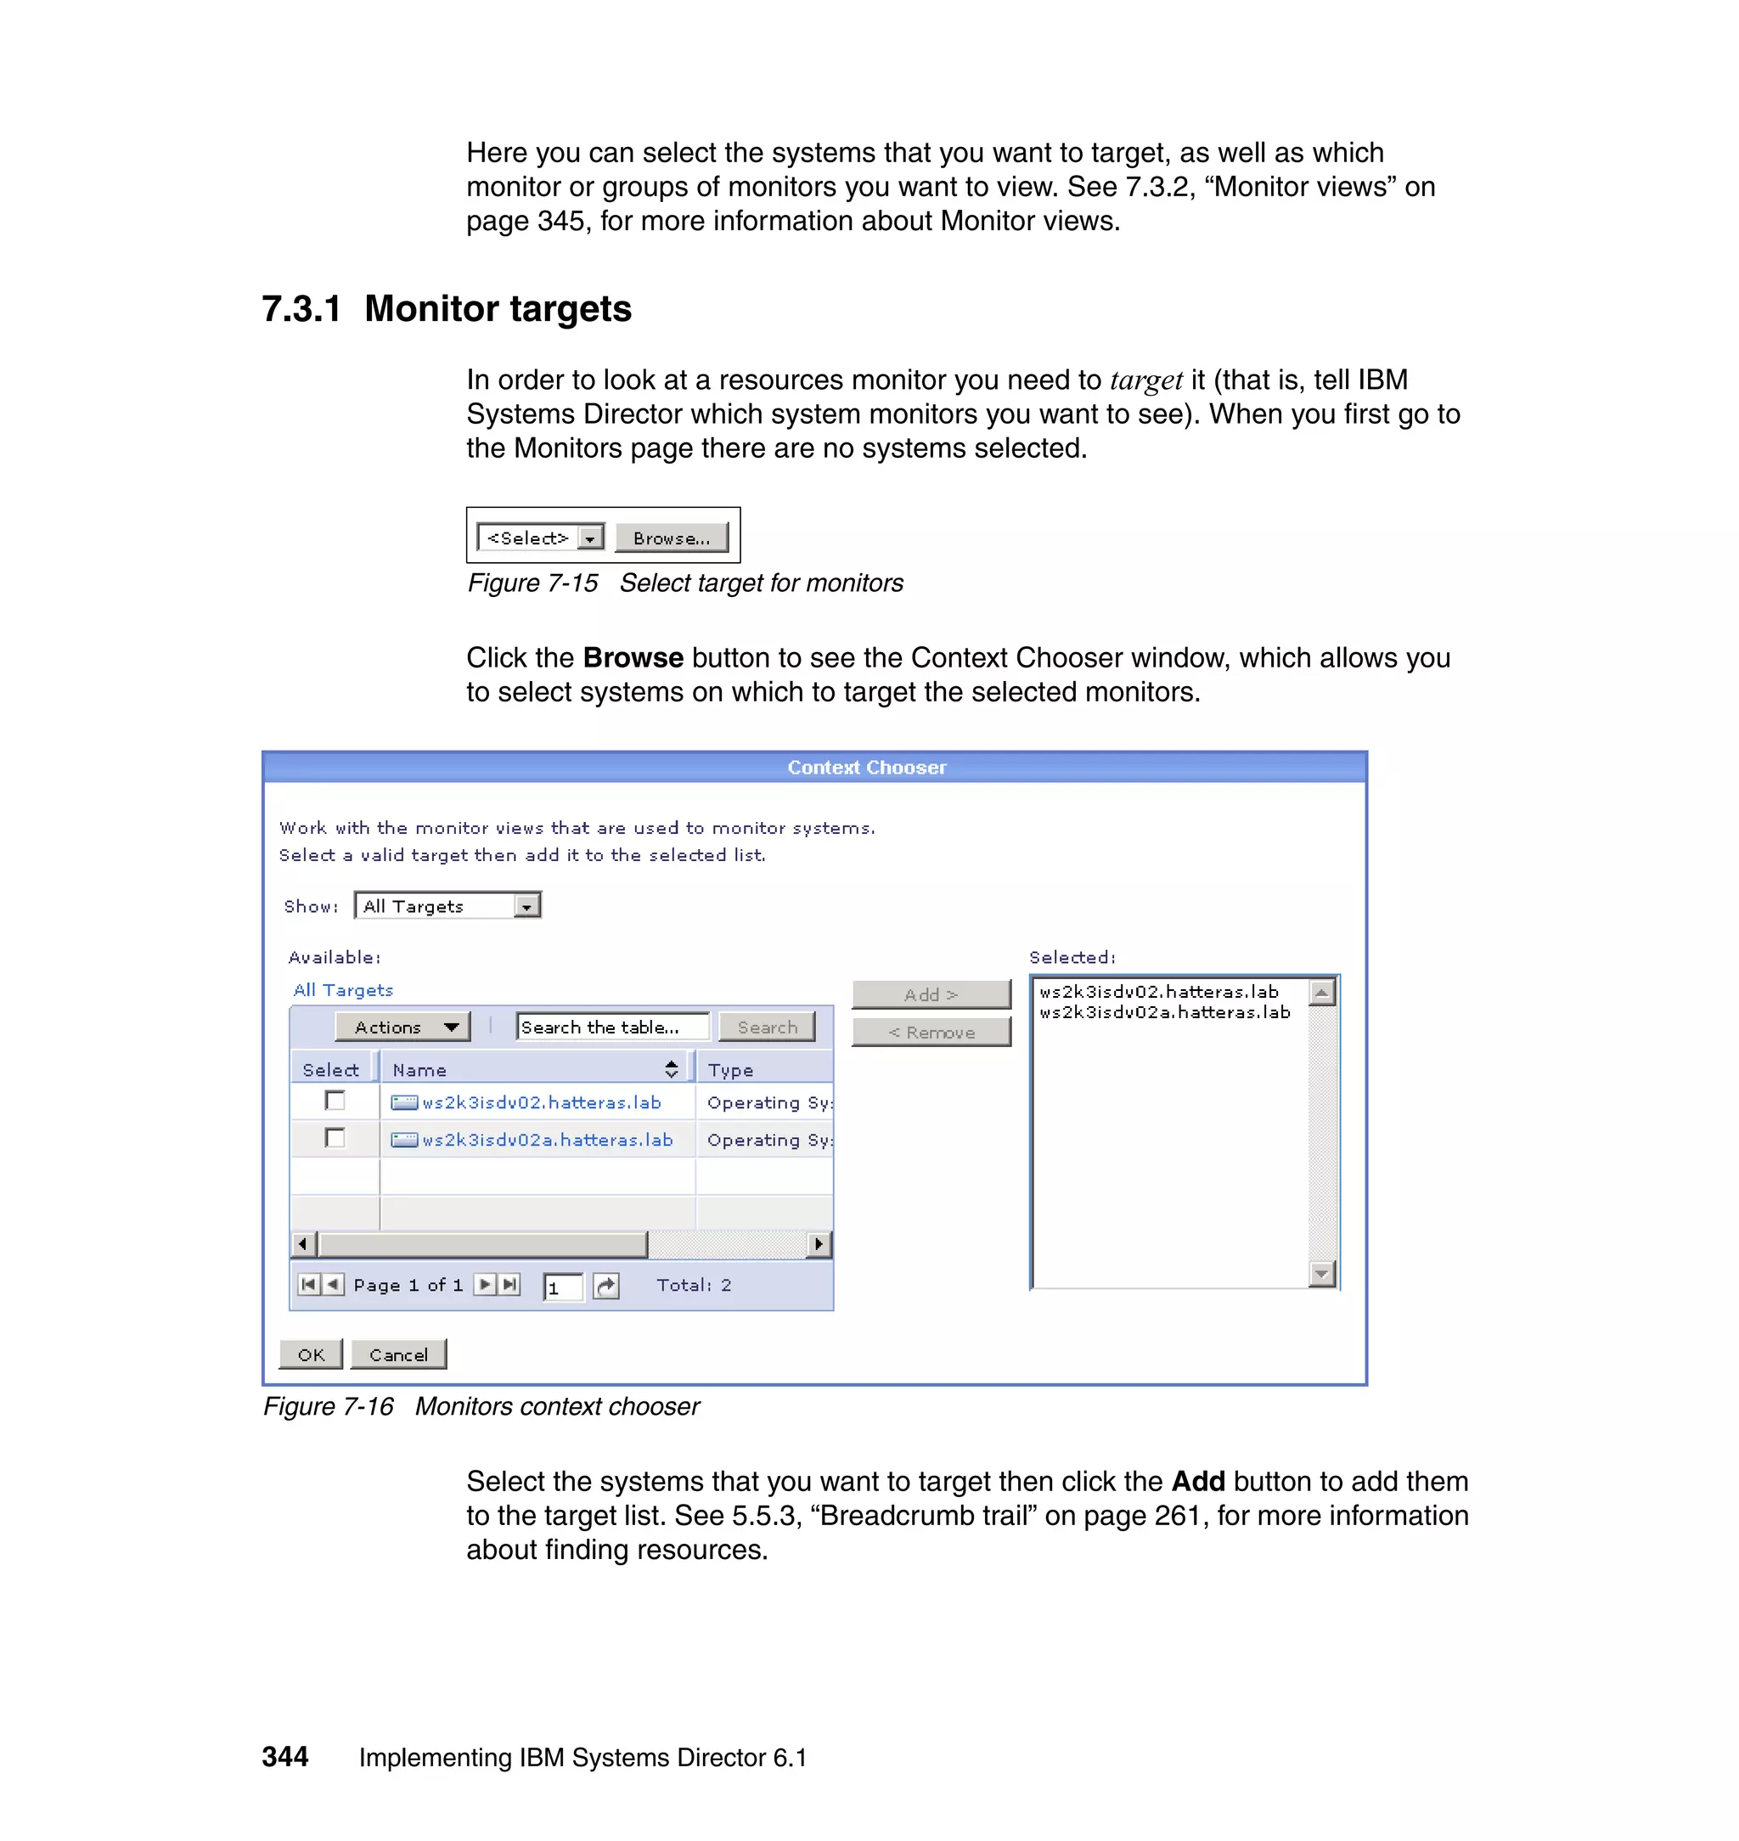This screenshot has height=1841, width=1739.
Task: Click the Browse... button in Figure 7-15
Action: click(x=671, y=538)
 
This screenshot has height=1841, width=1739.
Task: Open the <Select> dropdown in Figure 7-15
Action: click(x=589, y=538)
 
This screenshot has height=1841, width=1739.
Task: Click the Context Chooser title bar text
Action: click(x=867, y=768)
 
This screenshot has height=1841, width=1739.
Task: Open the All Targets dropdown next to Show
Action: click(x=526, y=906)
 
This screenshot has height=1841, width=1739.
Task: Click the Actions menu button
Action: click(x=402, y=1027)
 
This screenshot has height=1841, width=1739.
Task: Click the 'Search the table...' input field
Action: click(x=612, y=1027)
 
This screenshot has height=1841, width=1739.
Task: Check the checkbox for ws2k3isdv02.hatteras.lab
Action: click(x=335, y=1101)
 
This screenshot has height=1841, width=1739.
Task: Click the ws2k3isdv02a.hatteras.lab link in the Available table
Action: click(x=547, y=1140)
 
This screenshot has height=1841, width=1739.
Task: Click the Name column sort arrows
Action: click(x=671, y=1069)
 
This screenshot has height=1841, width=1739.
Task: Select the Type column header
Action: click(x=730, y=1070)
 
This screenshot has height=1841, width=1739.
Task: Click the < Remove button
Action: click(x=931, y=1032)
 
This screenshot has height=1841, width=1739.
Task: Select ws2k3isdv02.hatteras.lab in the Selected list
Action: click(x=1159, y=992)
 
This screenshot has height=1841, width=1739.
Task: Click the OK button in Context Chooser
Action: click(x=311, y=1354)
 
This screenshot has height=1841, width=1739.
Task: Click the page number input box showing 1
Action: click(x=563, y=1286)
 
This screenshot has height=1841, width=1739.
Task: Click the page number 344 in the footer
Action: click(x=284, y=1757)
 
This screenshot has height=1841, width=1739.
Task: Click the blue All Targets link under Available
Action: click(x=343, y=990)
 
